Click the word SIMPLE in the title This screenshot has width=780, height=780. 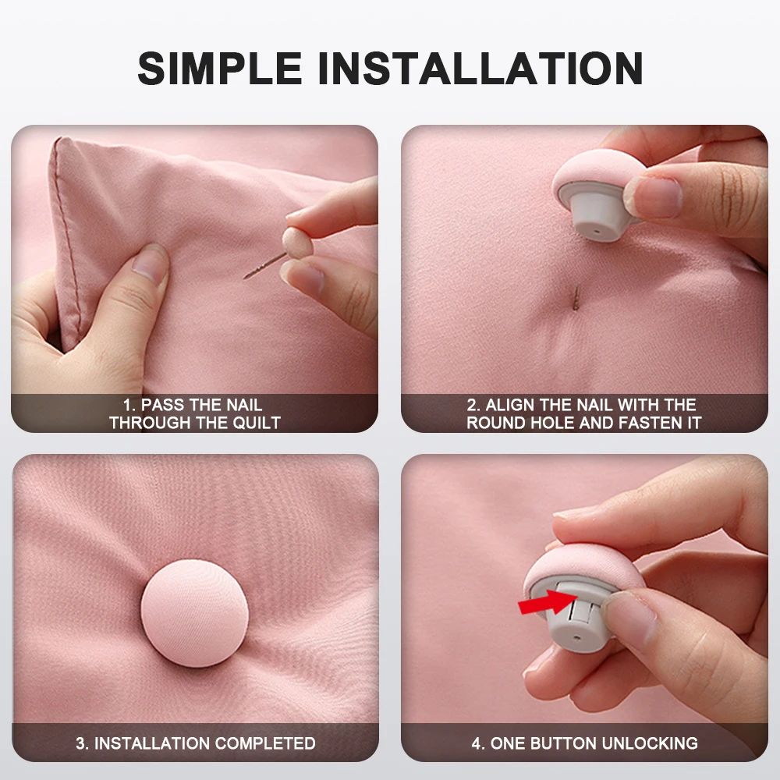coord(220,68)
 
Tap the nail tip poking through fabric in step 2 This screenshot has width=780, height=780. coord(576,296)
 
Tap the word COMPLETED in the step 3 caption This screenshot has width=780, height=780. coord(265,743)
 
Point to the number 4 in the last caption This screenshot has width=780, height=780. coord(476,743)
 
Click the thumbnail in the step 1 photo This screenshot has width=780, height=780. coord(151,263)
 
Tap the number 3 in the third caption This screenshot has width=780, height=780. coord(80,743)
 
